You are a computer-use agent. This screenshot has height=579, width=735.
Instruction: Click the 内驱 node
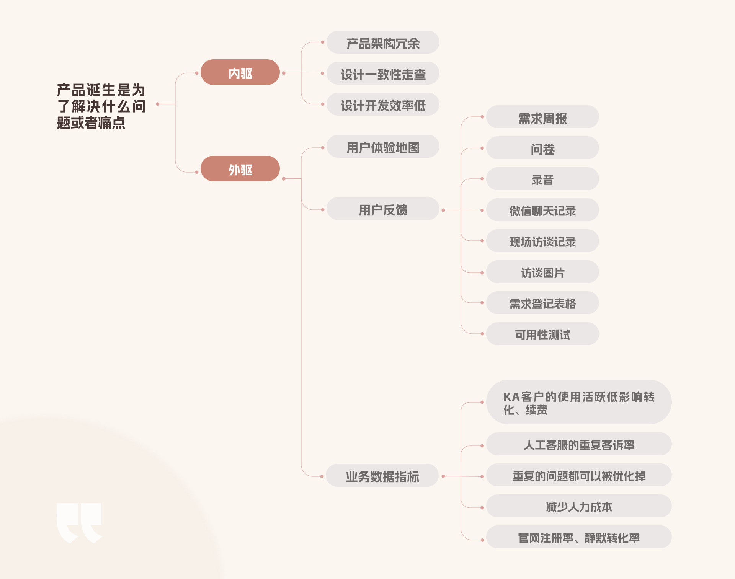tap(240, 72)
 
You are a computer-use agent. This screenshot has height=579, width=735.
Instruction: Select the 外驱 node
tap(240, 169)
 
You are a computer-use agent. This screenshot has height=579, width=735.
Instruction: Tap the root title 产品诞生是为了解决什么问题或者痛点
tap(101, 106)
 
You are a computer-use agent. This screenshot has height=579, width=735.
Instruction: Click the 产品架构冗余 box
tap(383, 42)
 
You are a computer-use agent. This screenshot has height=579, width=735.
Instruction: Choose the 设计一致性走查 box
tap(383, 73)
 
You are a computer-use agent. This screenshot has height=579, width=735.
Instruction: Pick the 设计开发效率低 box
tap(383, 104)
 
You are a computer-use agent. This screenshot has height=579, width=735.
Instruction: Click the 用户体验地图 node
tap(383, 147)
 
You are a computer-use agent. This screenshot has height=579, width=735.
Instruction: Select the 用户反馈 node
tap(383, 209)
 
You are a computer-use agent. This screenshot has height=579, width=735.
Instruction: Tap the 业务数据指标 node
tap(382, 476)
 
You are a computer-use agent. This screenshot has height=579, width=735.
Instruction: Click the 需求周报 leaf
tap(542, 117)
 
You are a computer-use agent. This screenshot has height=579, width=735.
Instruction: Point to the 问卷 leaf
tap(542, 148)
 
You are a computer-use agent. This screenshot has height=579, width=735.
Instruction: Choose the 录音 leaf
tap(542, 179)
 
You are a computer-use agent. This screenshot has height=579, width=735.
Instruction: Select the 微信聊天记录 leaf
tap(542, 210)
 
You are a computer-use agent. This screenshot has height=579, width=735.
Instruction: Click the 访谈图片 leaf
tap(542, 272)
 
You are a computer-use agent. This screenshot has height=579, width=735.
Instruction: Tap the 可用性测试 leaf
tap(542, 334)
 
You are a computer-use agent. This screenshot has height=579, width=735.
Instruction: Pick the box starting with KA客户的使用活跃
tap(579, 402)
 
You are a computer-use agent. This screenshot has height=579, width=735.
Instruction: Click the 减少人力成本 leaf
tap(579, 506)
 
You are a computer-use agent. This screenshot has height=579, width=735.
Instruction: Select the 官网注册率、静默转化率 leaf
tap(579, 537)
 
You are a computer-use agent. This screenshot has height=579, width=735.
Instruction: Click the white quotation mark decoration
tap(79, 522)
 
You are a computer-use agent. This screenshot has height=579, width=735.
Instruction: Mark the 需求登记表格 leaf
tap(542, 303)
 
